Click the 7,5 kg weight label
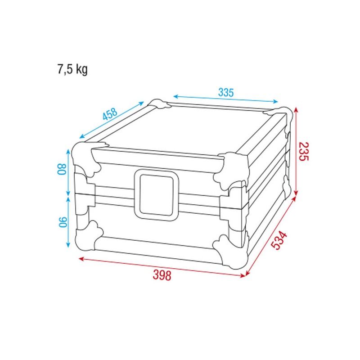[x=72, y=70]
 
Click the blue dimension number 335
[x=226, y=92]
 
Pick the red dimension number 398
[x=162, y=275]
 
